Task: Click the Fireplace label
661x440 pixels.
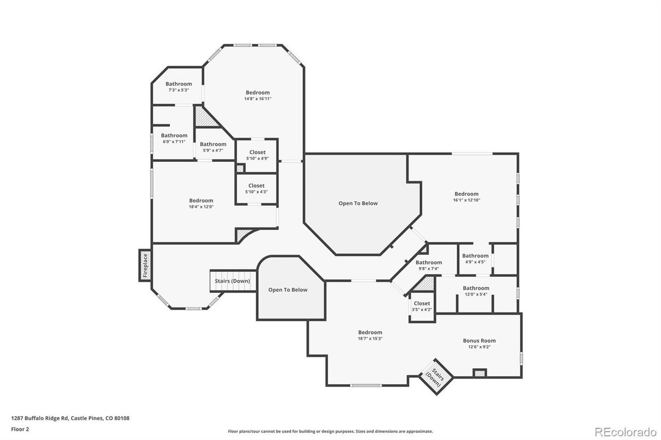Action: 145,265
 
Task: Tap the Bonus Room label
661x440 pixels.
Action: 479,340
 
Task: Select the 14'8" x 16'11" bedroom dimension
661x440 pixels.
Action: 257,99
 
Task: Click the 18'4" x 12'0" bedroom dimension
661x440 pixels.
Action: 201,207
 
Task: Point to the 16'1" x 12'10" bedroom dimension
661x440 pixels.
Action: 467,200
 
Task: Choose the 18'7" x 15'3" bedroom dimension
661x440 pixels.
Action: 370,339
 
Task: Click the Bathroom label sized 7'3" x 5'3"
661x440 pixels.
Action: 179,84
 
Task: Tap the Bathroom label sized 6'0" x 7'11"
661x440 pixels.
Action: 174,135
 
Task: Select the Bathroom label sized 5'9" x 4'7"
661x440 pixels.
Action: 213,144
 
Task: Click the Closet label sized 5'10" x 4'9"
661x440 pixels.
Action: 257,152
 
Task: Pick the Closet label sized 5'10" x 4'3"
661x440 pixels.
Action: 256,186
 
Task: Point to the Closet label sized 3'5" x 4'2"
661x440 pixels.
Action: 422,303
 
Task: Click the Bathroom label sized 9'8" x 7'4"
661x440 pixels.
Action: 429,262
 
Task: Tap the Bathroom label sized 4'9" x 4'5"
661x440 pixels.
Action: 475,256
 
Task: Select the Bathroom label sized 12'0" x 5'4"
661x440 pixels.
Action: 476,288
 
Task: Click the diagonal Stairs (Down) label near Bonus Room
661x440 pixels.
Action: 436,377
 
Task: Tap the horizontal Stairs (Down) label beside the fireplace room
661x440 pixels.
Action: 232,281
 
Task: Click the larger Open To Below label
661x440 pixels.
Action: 358,203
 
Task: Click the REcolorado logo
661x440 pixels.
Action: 625,432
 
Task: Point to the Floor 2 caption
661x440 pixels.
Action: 20,429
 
